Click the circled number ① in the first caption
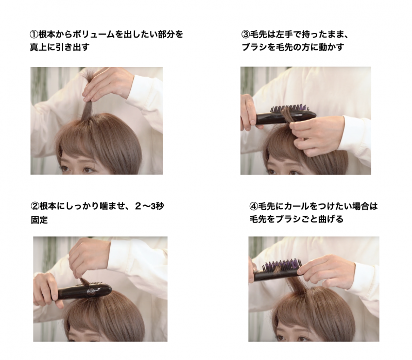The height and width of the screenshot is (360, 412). (34, 35)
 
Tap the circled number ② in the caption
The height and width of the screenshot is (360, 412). (35, 207)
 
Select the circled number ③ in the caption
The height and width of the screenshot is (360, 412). (246, 35)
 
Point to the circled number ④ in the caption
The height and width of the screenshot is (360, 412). (253, 207)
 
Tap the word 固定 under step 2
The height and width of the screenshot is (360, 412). (40, 220)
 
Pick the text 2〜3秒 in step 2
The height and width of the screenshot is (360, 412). (149, 207)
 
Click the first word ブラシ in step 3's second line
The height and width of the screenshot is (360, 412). (254, 47)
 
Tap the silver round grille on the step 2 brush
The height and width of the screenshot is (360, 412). (91, 292)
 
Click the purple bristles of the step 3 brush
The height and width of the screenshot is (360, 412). (288, 108)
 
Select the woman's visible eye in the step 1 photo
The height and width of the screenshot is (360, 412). (88, 170)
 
